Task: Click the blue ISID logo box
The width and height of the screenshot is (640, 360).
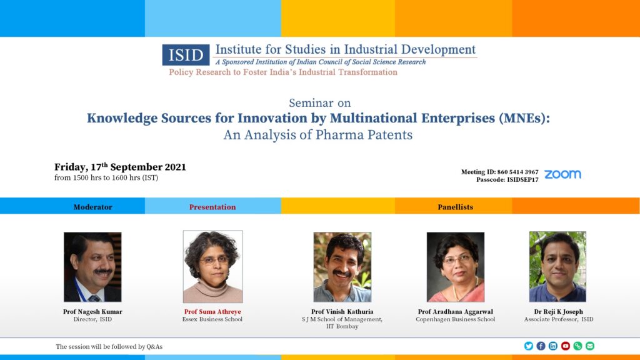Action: pos(186,55)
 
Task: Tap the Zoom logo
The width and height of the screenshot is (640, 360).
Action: pos(562,174)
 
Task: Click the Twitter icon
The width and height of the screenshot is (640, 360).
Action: pos(529,346)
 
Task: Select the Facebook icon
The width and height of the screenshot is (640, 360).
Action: pos(541,346)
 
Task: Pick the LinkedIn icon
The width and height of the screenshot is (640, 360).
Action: pos(553,346)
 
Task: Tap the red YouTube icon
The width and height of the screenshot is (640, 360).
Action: pos(565,346)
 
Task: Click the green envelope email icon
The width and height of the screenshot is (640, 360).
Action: pos(590,346)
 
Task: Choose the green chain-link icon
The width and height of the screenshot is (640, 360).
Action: pos(577,346)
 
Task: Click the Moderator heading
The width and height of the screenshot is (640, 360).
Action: pos(92,207)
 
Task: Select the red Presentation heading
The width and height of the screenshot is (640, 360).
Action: pos(212,207)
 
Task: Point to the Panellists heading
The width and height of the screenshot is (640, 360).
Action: pos(455,207)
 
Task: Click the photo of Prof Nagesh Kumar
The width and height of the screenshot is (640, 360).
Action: pos(92,267)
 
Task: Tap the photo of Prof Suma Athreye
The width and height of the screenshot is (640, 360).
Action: pos(212,266)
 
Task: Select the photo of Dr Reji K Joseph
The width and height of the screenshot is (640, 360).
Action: pos(557,266)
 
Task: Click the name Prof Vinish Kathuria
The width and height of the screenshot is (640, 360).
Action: pos(342,311)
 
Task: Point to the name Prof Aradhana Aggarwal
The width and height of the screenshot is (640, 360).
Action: pos(455,311)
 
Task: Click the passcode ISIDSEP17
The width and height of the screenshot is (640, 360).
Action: pos(522,179)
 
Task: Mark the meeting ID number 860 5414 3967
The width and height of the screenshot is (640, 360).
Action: pos(517,172)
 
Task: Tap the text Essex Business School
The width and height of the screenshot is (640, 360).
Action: pos(212,319)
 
